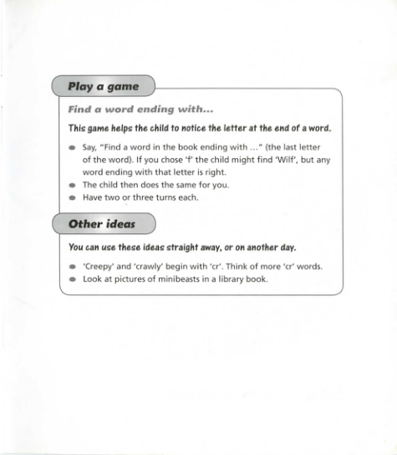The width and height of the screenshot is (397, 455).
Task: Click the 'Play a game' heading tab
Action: pos(102,86)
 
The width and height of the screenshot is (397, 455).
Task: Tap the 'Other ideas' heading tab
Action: pos(102,224)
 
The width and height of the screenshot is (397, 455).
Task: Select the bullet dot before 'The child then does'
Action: pos(73,185)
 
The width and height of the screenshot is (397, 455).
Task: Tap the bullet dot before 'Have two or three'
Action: pos(73,198)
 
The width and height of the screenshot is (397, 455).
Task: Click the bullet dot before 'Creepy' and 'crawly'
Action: pos(73,267)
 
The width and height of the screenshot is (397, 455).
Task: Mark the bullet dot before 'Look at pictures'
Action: pos(73,279)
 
